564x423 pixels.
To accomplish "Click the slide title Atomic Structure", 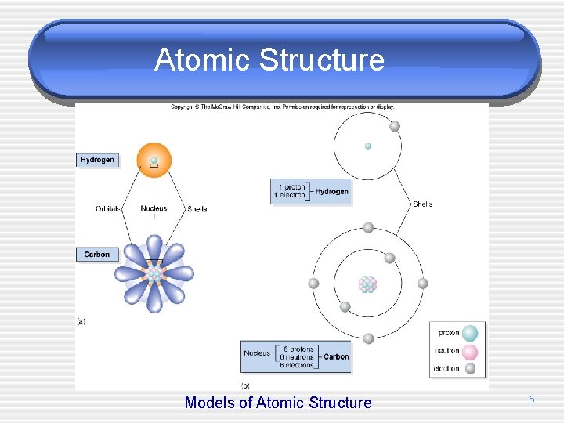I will click(x=269, y=60).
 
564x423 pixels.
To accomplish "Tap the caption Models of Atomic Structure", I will click(x=278, y=403).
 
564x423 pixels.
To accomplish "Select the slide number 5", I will click(x=531, y=400).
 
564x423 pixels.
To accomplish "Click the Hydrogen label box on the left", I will click(x=97, y=160).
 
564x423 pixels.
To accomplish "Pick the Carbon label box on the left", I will click(x=97, y=255).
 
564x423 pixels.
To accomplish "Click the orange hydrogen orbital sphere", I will click(x=154, y=159).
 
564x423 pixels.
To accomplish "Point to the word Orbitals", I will click(x=107, y=209).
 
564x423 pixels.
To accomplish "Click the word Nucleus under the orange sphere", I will click(x=154, y=209).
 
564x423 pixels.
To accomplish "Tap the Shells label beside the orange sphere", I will click(x=197, y=209).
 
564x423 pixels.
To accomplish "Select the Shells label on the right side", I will click(x=422, y=204).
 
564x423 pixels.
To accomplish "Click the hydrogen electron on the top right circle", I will click(x=395, y=126).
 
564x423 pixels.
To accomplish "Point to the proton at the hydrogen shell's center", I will click(x=367, y=146).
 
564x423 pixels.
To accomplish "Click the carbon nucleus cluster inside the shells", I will click(x=367, y=284).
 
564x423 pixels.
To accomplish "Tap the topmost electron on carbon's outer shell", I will click(x=367, y=228).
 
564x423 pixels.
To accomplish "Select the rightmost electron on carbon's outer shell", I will click(x=422, y=284).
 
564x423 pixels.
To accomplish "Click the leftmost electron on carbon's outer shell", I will click(x=313, y=284).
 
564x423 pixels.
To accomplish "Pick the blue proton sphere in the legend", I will click(x=470, y=333).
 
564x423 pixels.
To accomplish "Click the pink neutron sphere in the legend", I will click(x=470, y=352).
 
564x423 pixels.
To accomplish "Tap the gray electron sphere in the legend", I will click(x=470, y=368).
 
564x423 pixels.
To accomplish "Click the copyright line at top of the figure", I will click(x=282, y=107).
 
